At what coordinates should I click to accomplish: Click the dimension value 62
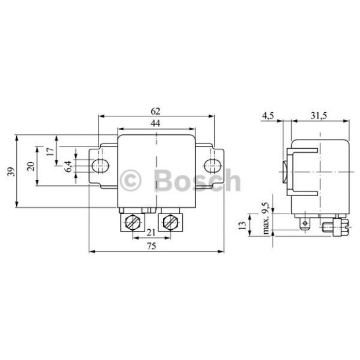pos(156,111)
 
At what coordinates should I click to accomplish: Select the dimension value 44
pos(156,123)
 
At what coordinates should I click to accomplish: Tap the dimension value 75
pos(152,246)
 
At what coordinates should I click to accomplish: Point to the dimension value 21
pos(151,233)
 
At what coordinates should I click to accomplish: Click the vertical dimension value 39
pos(11,171)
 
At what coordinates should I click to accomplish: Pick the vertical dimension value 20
pos(31,166)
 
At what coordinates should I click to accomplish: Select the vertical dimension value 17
pos(50,152)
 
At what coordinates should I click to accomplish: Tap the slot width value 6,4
pos(68,166)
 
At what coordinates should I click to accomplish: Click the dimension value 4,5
pos(268,116)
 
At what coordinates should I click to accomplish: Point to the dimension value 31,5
pos(319,116)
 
